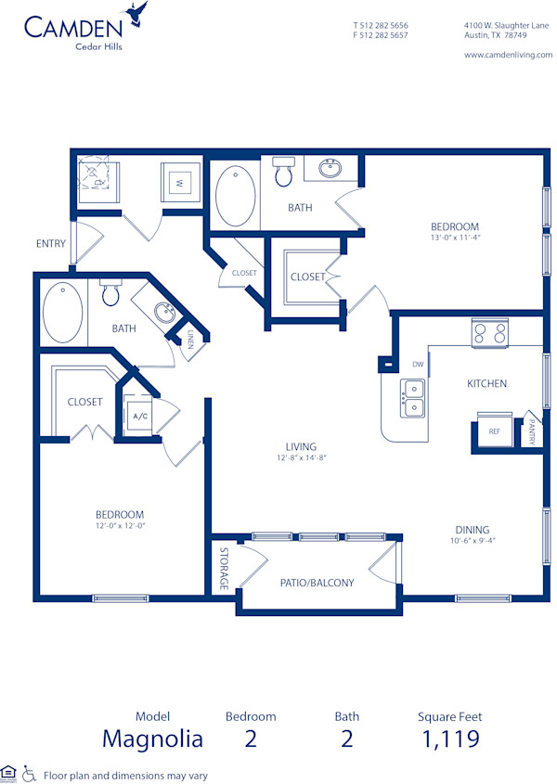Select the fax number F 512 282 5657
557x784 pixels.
pos(381,35)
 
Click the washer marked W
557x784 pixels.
pos(179,183)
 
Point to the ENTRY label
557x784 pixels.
pos(51,244)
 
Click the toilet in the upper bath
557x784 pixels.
pos(284,172)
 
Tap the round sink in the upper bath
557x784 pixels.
pos(330,169)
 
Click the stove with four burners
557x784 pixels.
pos(489,331)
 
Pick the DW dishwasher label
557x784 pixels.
pos(418,365)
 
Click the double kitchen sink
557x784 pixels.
pos(412,397)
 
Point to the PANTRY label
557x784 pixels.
pos(533,430)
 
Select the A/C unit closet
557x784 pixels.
pos(140,417)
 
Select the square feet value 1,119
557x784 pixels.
pos(450,739)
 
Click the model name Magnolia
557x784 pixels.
pos(152,739)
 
